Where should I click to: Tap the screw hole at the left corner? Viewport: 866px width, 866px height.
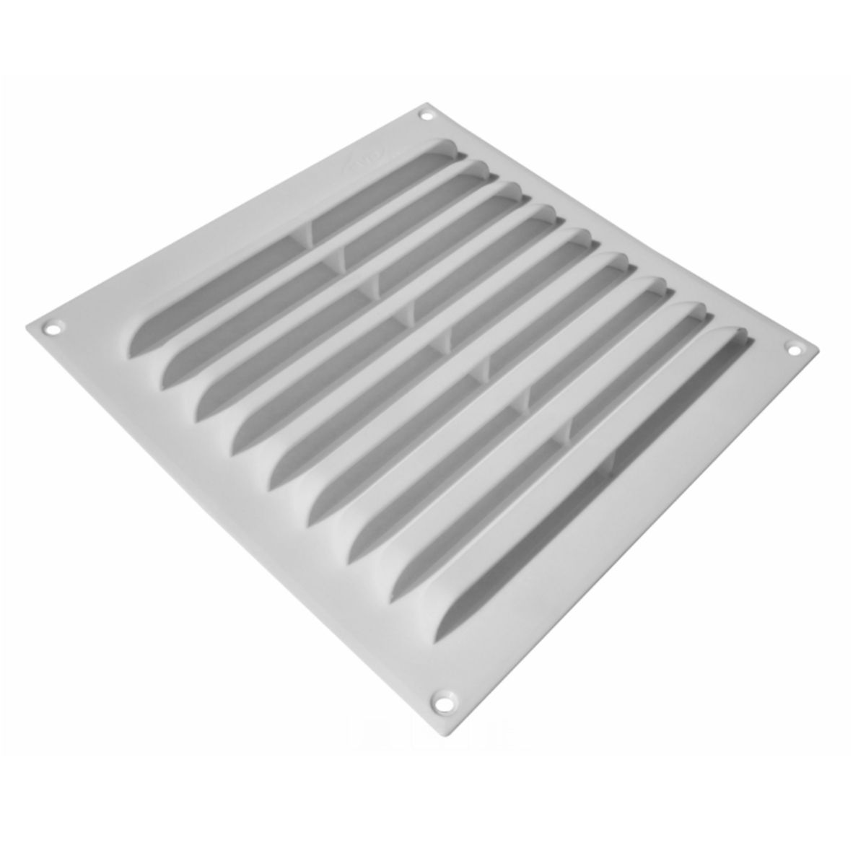tap(52, 328)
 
